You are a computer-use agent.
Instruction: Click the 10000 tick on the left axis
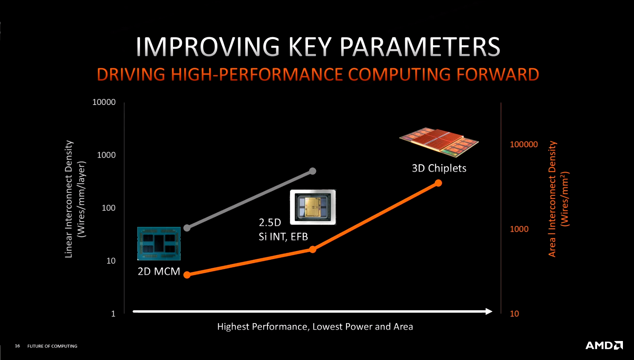[104, 102]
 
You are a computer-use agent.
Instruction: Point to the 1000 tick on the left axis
[106, 155]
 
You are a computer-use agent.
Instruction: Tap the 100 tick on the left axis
[109, 208]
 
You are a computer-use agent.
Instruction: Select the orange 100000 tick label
[524, 144]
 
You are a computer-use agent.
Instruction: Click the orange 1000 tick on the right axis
[519, 229]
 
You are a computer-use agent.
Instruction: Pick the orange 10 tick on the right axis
[514, 314]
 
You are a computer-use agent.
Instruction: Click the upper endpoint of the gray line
[313, 171]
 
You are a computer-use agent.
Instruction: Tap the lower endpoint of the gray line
[187, 228]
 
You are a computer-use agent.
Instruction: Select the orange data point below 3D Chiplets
[438, 183]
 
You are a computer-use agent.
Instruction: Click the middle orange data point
[313, 249]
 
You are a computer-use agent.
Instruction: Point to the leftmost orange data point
[187, 275]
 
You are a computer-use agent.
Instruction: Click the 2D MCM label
[159, 271]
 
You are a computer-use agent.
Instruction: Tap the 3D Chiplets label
[439, 168]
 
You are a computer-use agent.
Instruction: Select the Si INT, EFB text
[283, 236]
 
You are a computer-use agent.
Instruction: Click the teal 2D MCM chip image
[159, 244]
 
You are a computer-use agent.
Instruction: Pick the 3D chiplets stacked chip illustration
[439, 142]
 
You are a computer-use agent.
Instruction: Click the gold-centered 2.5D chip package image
[313, 207]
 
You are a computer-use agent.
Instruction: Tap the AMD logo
[604, 345]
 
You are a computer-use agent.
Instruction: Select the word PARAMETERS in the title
[419, 47]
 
